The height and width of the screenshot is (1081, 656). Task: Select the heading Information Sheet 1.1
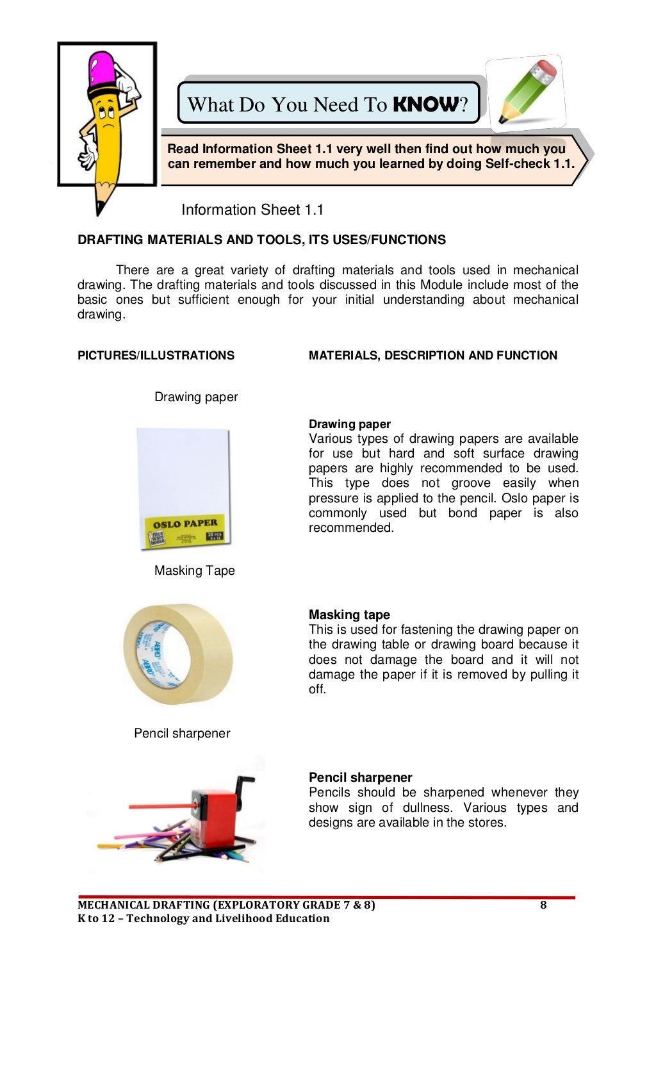[252, 210]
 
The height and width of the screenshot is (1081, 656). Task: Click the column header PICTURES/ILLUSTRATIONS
[156, 355]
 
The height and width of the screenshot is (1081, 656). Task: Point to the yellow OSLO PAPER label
[184, 530]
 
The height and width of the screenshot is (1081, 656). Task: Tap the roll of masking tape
[178, 654]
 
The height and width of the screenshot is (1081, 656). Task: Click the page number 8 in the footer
[543, 905]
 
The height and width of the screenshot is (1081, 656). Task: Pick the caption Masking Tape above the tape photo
[194, 570]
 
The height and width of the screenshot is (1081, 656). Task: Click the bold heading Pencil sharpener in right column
[360, 777]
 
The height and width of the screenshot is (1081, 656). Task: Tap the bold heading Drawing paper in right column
[349, 424]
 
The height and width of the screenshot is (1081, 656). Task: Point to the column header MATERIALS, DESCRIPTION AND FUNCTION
[432, 355]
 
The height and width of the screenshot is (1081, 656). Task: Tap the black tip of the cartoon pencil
[99, 209]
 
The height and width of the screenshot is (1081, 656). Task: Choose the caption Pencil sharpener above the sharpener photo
[182, 733]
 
